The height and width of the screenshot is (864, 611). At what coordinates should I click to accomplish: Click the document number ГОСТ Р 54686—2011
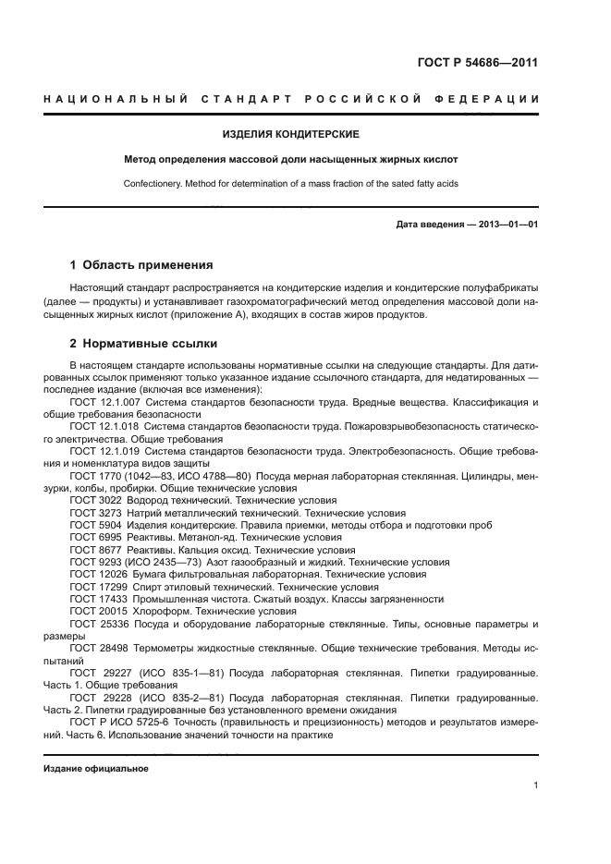tap(479, 63)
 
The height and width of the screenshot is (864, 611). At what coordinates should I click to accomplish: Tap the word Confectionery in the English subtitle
tap(153, 183)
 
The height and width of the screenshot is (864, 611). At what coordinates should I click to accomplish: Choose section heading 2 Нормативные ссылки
tap(143, 344)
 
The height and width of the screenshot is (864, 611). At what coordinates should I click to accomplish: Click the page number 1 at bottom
tap(535, 785)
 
